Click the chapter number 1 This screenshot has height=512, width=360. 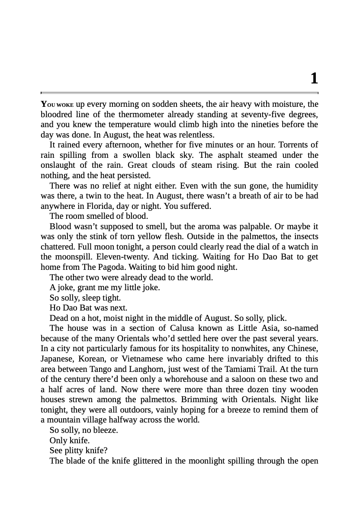click(314, 79)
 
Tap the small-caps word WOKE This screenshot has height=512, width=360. click(66, 105)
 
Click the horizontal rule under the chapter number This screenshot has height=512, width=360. click(180, 93)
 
